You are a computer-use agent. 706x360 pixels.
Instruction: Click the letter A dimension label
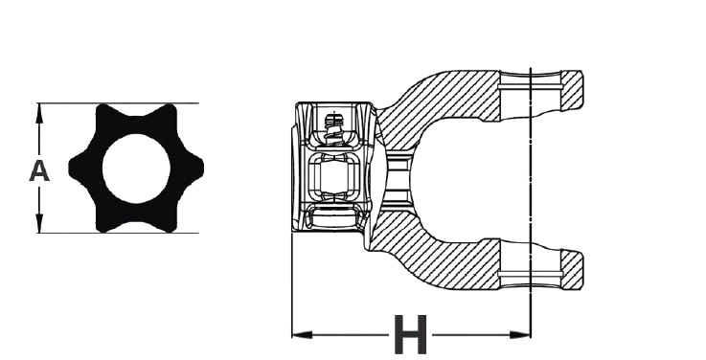click(38, 171)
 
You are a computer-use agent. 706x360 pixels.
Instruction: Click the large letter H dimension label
click(410, 335)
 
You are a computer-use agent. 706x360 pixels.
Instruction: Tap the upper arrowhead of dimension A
click(39, 109)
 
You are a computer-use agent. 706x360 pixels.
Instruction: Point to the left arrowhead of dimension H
click(298, 334)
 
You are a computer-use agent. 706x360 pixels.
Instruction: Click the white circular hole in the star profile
click(136, 168)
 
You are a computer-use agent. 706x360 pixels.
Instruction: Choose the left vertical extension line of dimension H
click(291, 287)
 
